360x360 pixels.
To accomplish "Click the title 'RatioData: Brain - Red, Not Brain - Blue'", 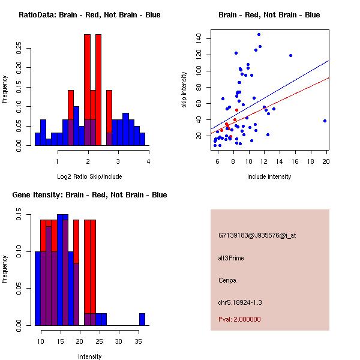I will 89,15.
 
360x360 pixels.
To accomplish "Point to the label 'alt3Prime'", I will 231,258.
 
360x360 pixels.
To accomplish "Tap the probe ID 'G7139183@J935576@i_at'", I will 257,235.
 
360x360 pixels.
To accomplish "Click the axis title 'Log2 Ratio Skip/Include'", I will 89,176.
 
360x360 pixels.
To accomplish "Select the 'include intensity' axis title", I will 269,176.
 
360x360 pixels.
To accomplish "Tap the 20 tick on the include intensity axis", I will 326,161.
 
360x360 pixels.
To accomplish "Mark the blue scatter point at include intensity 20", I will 325,121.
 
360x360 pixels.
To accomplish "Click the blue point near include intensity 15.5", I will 290,55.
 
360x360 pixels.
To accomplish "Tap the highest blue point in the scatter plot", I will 259,34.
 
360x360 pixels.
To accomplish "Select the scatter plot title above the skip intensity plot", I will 269,15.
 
